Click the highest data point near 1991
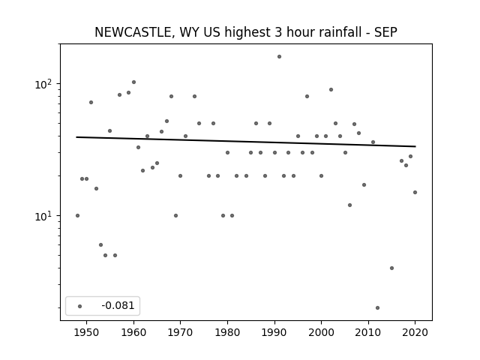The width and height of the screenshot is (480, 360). pyautogui.click(x=279, y=57)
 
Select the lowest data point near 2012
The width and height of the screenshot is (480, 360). pyautogui.click(x=377, y=307)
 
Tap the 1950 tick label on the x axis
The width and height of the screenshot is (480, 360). pyautogui.click(x=87, y=332)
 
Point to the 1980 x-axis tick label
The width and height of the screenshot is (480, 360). pyautogui.click(x=227, y=332)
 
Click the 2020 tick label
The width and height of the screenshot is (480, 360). pyautogui.click(x=415, y=332)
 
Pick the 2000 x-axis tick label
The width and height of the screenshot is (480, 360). pyautogui.click(x=321, y=332)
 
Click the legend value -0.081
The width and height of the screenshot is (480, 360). pyautogui.click(x=118, y=305)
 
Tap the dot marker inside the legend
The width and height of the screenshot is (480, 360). pyautogui.click(x=80, y=306)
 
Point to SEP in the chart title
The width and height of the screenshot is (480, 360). pyautogui.click(x=385, y=32)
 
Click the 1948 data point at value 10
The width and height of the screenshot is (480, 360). pyautogui.click(x=77, y=215)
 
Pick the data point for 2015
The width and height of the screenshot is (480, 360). pyautogui.click(x=391, y=268)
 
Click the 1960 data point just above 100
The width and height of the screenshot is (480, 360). pyautogui.click(x=133, y=82)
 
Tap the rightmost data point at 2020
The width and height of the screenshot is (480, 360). pyautogui.click(x=415, y=192)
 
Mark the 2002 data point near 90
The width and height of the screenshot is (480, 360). pyautogui.click(x=331, y=90)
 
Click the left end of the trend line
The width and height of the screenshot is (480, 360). pyautogui.click(x=76, y=137)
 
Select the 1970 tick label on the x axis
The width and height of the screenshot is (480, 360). pyautogui.click(x=180, y=332)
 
